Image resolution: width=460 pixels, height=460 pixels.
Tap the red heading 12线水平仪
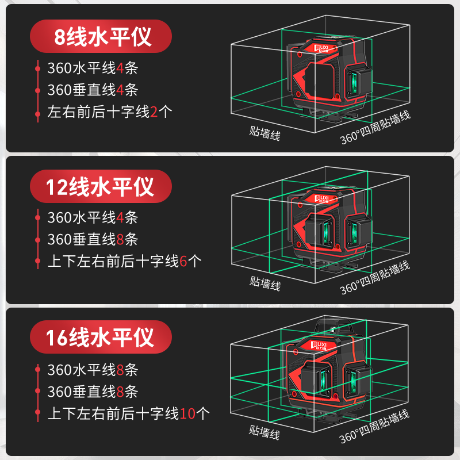tap(101, 187)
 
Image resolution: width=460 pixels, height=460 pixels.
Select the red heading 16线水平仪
tap(101, 337)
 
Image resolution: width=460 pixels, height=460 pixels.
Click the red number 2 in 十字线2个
tap(154, 112)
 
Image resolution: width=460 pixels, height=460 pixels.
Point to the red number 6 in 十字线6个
tap(183, 262)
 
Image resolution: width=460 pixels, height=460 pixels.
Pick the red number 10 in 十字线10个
tap(187, 413)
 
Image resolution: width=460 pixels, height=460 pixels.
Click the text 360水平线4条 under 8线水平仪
tap(93, 68)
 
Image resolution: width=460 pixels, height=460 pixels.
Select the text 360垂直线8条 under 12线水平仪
tap(93, 240)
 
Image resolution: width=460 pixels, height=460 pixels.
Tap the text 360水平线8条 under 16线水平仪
tap(93, 370)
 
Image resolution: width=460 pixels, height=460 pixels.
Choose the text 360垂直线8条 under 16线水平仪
tap(93, 392)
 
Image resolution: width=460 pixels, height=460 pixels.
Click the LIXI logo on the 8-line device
tap(326, 45)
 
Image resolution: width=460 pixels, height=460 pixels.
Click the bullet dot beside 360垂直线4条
tap(37, 90)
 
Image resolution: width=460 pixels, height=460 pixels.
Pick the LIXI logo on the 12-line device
tap(326, 198)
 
